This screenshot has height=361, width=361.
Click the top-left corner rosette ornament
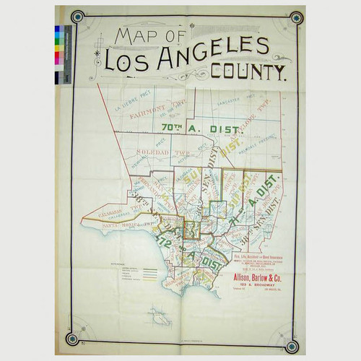tap(77, 17)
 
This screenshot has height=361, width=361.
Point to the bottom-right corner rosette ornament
tap(292, 345)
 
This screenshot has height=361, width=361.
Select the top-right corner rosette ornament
tap(295, 17)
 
